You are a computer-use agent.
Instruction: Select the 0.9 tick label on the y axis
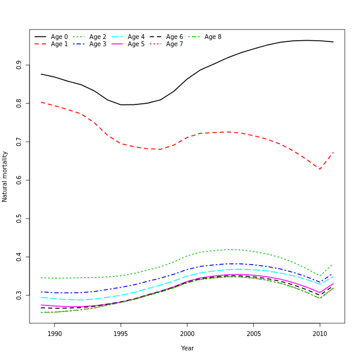point(19,65)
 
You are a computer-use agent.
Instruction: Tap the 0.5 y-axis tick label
point(19,218)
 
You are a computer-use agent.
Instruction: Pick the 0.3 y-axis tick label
point(19,295)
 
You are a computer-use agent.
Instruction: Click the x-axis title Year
point(187,348)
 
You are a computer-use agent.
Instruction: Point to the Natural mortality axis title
point(5,176)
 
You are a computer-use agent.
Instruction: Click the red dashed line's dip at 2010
point(320,169)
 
